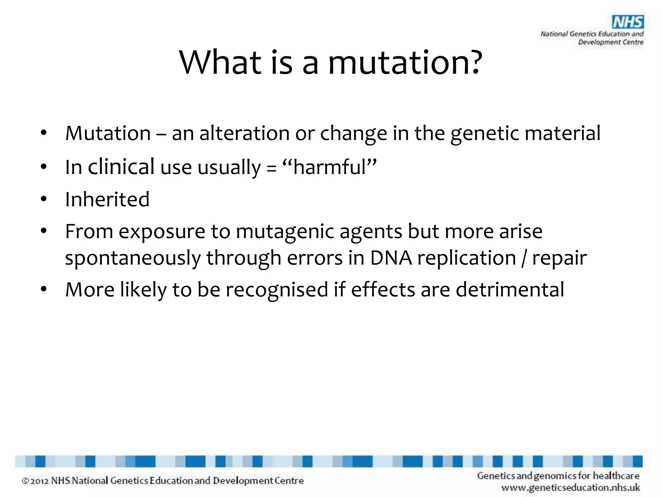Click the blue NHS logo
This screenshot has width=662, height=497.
pos(628,22)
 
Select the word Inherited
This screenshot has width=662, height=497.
pos(107,199)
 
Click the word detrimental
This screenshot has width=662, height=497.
pos(510,289)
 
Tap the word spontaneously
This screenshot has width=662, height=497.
pos(133,258)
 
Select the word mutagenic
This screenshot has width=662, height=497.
pos(285,232)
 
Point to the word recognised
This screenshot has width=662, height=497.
pos(277,289)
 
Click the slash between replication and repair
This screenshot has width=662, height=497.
pos(524,258)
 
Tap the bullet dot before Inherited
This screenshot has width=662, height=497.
pos(44,199)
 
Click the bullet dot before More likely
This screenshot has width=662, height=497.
pos(44,289)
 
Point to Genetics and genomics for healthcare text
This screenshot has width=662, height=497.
pos(558,476)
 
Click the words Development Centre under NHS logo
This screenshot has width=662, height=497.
pos(610,42)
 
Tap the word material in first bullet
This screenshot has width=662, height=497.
pos(562,133)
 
